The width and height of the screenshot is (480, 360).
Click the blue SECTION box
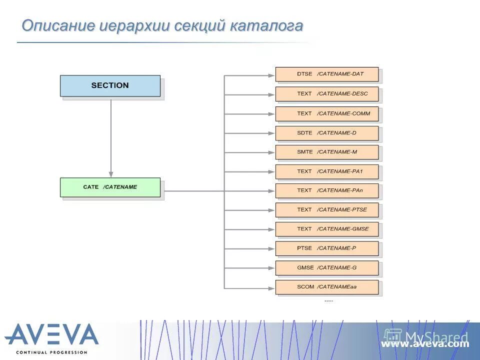[x=110, y=85]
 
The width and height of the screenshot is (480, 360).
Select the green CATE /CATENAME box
[x=110, y=187]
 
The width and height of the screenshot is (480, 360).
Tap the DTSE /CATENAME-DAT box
[x=327, y=74]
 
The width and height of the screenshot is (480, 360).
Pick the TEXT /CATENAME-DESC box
[x=327, y=93]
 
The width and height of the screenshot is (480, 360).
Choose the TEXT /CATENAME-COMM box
[x=327, y=113]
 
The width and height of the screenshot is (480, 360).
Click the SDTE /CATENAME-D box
[x=327, y=133]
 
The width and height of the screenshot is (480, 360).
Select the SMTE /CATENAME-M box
[x=327, y=152]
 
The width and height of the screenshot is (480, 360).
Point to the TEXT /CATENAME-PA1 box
[x=327, y=171]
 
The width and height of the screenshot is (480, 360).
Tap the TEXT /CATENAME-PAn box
[x=327, y=190]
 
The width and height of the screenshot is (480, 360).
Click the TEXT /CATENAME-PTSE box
[x=327, y=210]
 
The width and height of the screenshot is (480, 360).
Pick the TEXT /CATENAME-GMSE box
[x=327, y=229]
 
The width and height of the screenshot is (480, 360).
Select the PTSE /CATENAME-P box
[x=327, y=248]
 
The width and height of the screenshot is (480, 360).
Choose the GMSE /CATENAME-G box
[x=327, y=267]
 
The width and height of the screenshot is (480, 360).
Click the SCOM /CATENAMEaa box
[x=327, y=287]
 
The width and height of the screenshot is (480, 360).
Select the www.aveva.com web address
[x=425, y=344]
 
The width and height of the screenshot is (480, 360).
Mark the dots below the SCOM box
[x=328, y=300]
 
